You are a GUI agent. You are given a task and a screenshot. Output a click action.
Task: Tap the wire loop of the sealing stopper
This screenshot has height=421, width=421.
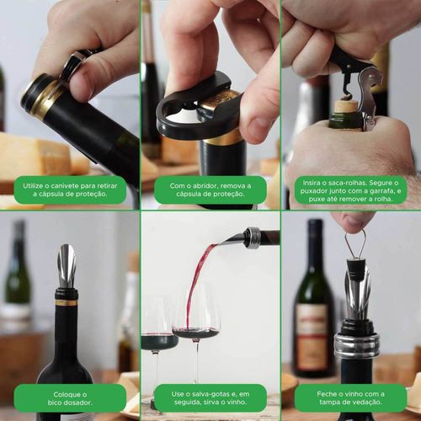pyautogui.click(x=354, y=243)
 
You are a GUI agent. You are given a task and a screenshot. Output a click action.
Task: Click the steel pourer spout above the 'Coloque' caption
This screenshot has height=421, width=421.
pyautogui.click(x=67, y=266)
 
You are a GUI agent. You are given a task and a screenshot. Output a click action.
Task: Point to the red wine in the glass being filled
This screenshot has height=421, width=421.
pyautogui.click(x=196, y=333)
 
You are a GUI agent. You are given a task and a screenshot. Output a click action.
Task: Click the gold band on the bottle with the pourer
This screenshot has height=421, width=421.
pyautogui.click(x=66, y=302)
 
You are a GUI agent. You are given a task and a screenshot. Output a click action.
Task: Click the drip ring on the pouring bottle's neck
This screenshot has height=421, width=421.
pyautogui.click(x=253, y=238)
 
